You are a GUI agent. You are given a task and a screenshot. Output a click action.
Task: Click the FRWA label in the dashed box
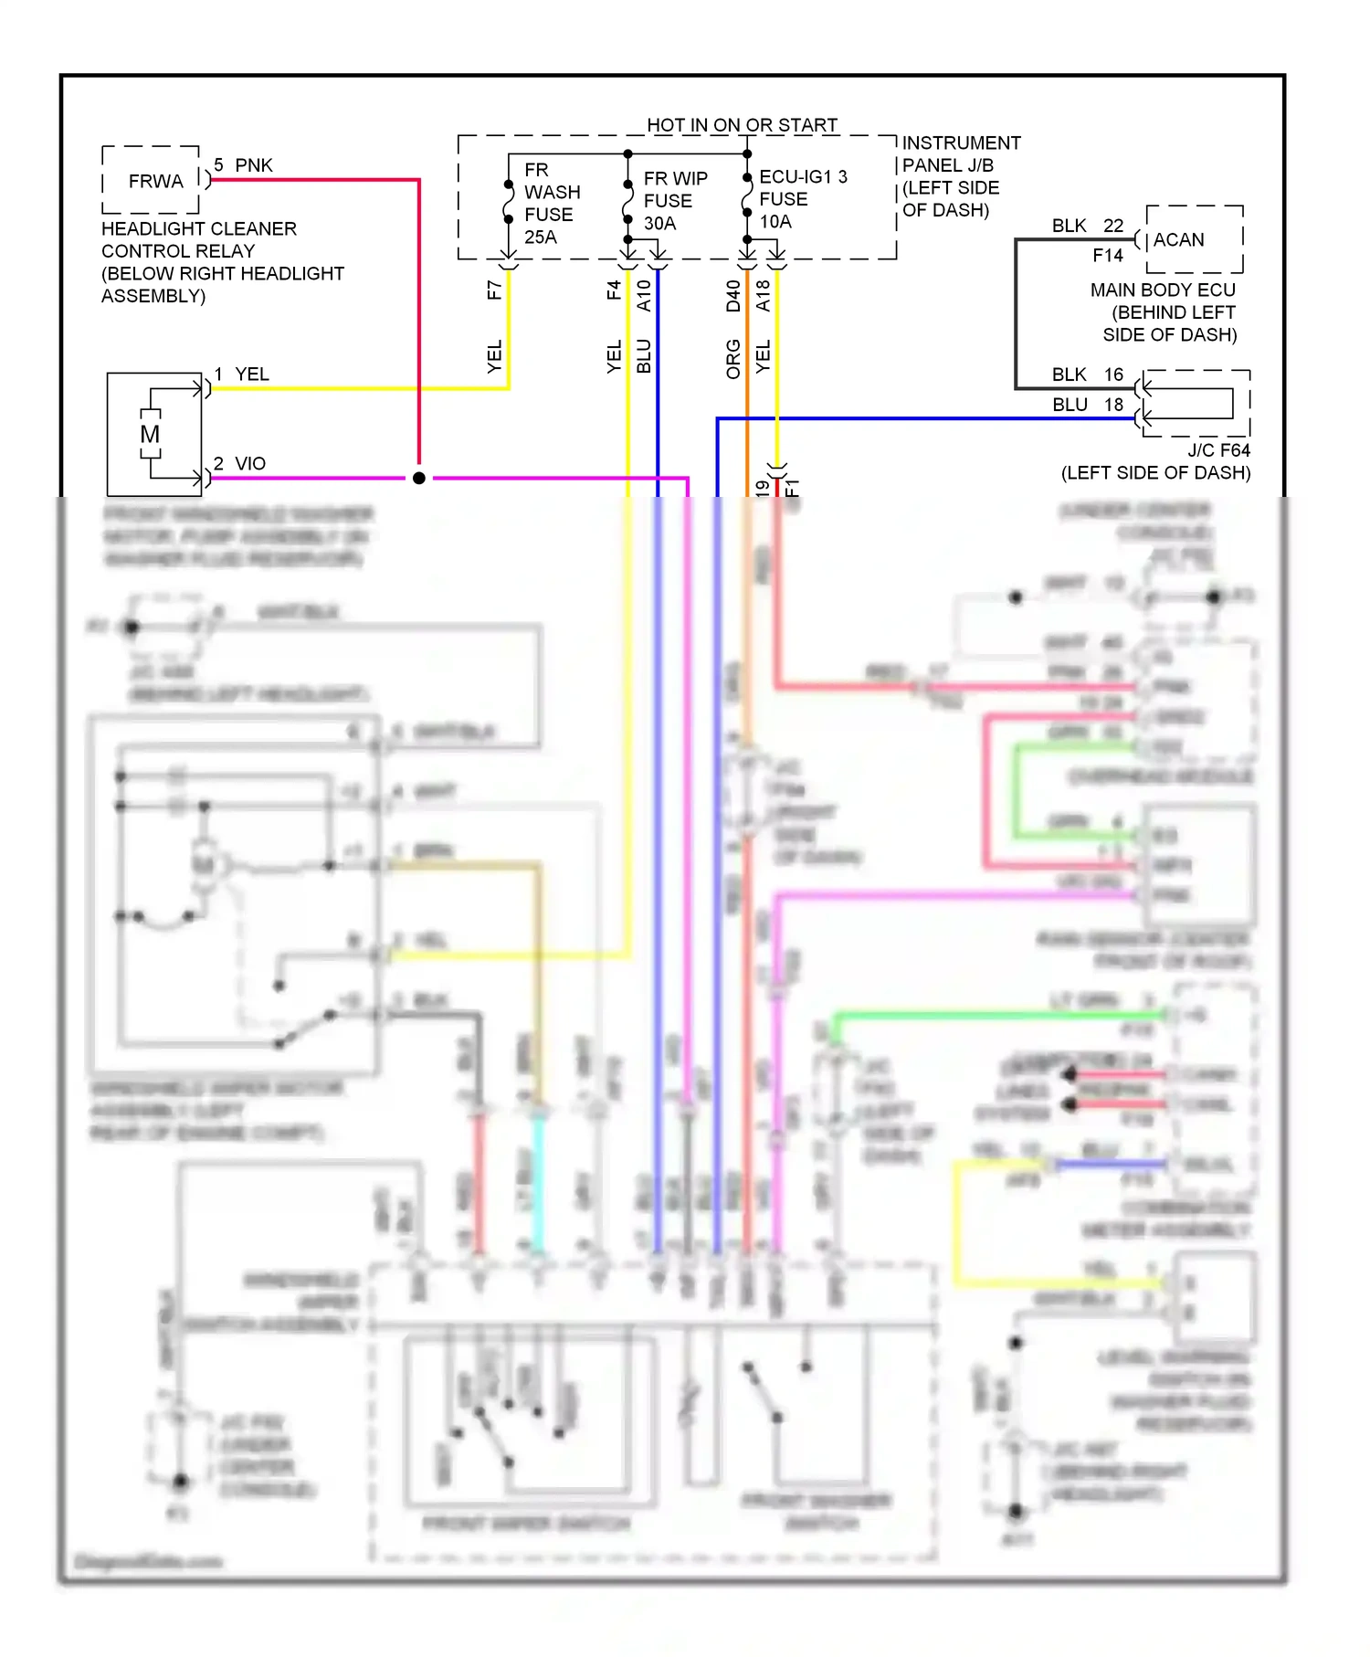(155, 182)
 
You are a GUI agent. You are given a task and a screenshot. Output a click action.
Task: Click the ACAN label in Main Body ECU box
(1178, 240)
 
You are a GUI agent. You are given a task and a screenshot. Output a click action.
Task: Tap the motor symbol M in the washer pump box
(150, 435)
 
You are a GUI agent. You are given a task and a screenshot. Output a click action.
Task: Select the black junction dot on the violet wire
(419, 478)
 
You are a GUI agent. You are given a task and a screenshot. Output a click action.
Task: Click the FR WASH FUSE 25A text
(551, 204)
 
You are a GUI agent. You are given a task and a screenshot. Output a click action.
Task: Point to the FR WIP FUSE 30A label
(674, 201)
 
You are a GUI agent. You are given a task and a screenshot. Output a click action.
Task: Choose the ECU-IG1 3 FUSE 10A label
(802, 199)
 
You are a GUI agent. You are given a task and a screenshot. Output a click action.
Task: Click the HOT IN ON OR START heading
(742, 124)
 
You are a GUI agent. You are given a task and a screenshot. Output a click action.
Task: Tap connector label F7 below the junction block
(494, 290)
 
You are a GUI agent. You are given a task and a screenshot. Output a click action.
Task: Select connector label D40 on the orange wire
(732, 295)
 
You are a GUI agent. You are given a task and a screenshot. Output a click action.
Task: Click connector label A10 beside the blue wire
(644, 295)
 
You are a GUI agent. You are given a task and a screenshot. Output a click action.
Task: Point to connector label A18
(764, 295)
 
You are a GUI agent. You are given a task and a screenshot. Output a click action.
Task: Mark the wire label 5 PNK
(243, 165)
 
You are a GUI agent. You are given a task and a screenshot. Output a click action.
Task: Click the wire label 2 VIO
(240, 464)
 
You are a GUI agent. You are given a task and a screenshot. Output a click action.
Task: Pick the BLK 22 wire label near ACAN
(1087, 226)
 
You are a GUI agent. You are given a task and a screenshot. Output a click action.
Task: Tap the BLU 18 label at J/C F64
(1087, 405)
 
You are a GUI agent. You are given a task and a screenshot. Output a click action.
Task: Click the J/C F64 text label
(1218, 450)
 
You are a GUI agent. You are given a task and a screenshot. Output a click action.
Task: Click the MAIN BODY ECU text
(1162, 290)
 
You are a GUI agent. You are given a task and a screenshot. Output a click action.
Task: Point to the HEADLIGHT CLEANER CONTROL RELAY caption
(198, 239)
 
